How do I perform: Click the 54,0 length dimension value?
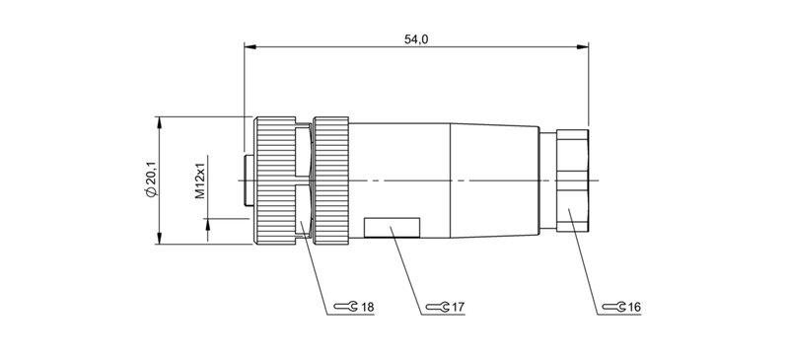(417, 37)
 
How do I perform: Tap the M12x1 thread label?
(199, 180)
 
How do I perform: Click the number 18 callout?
(367, 308)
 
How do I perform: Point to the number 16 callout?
(634, 308)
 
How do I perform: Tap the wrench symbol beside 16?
(613, 308)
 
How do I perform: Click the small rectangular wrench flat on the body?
(394, 228)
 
